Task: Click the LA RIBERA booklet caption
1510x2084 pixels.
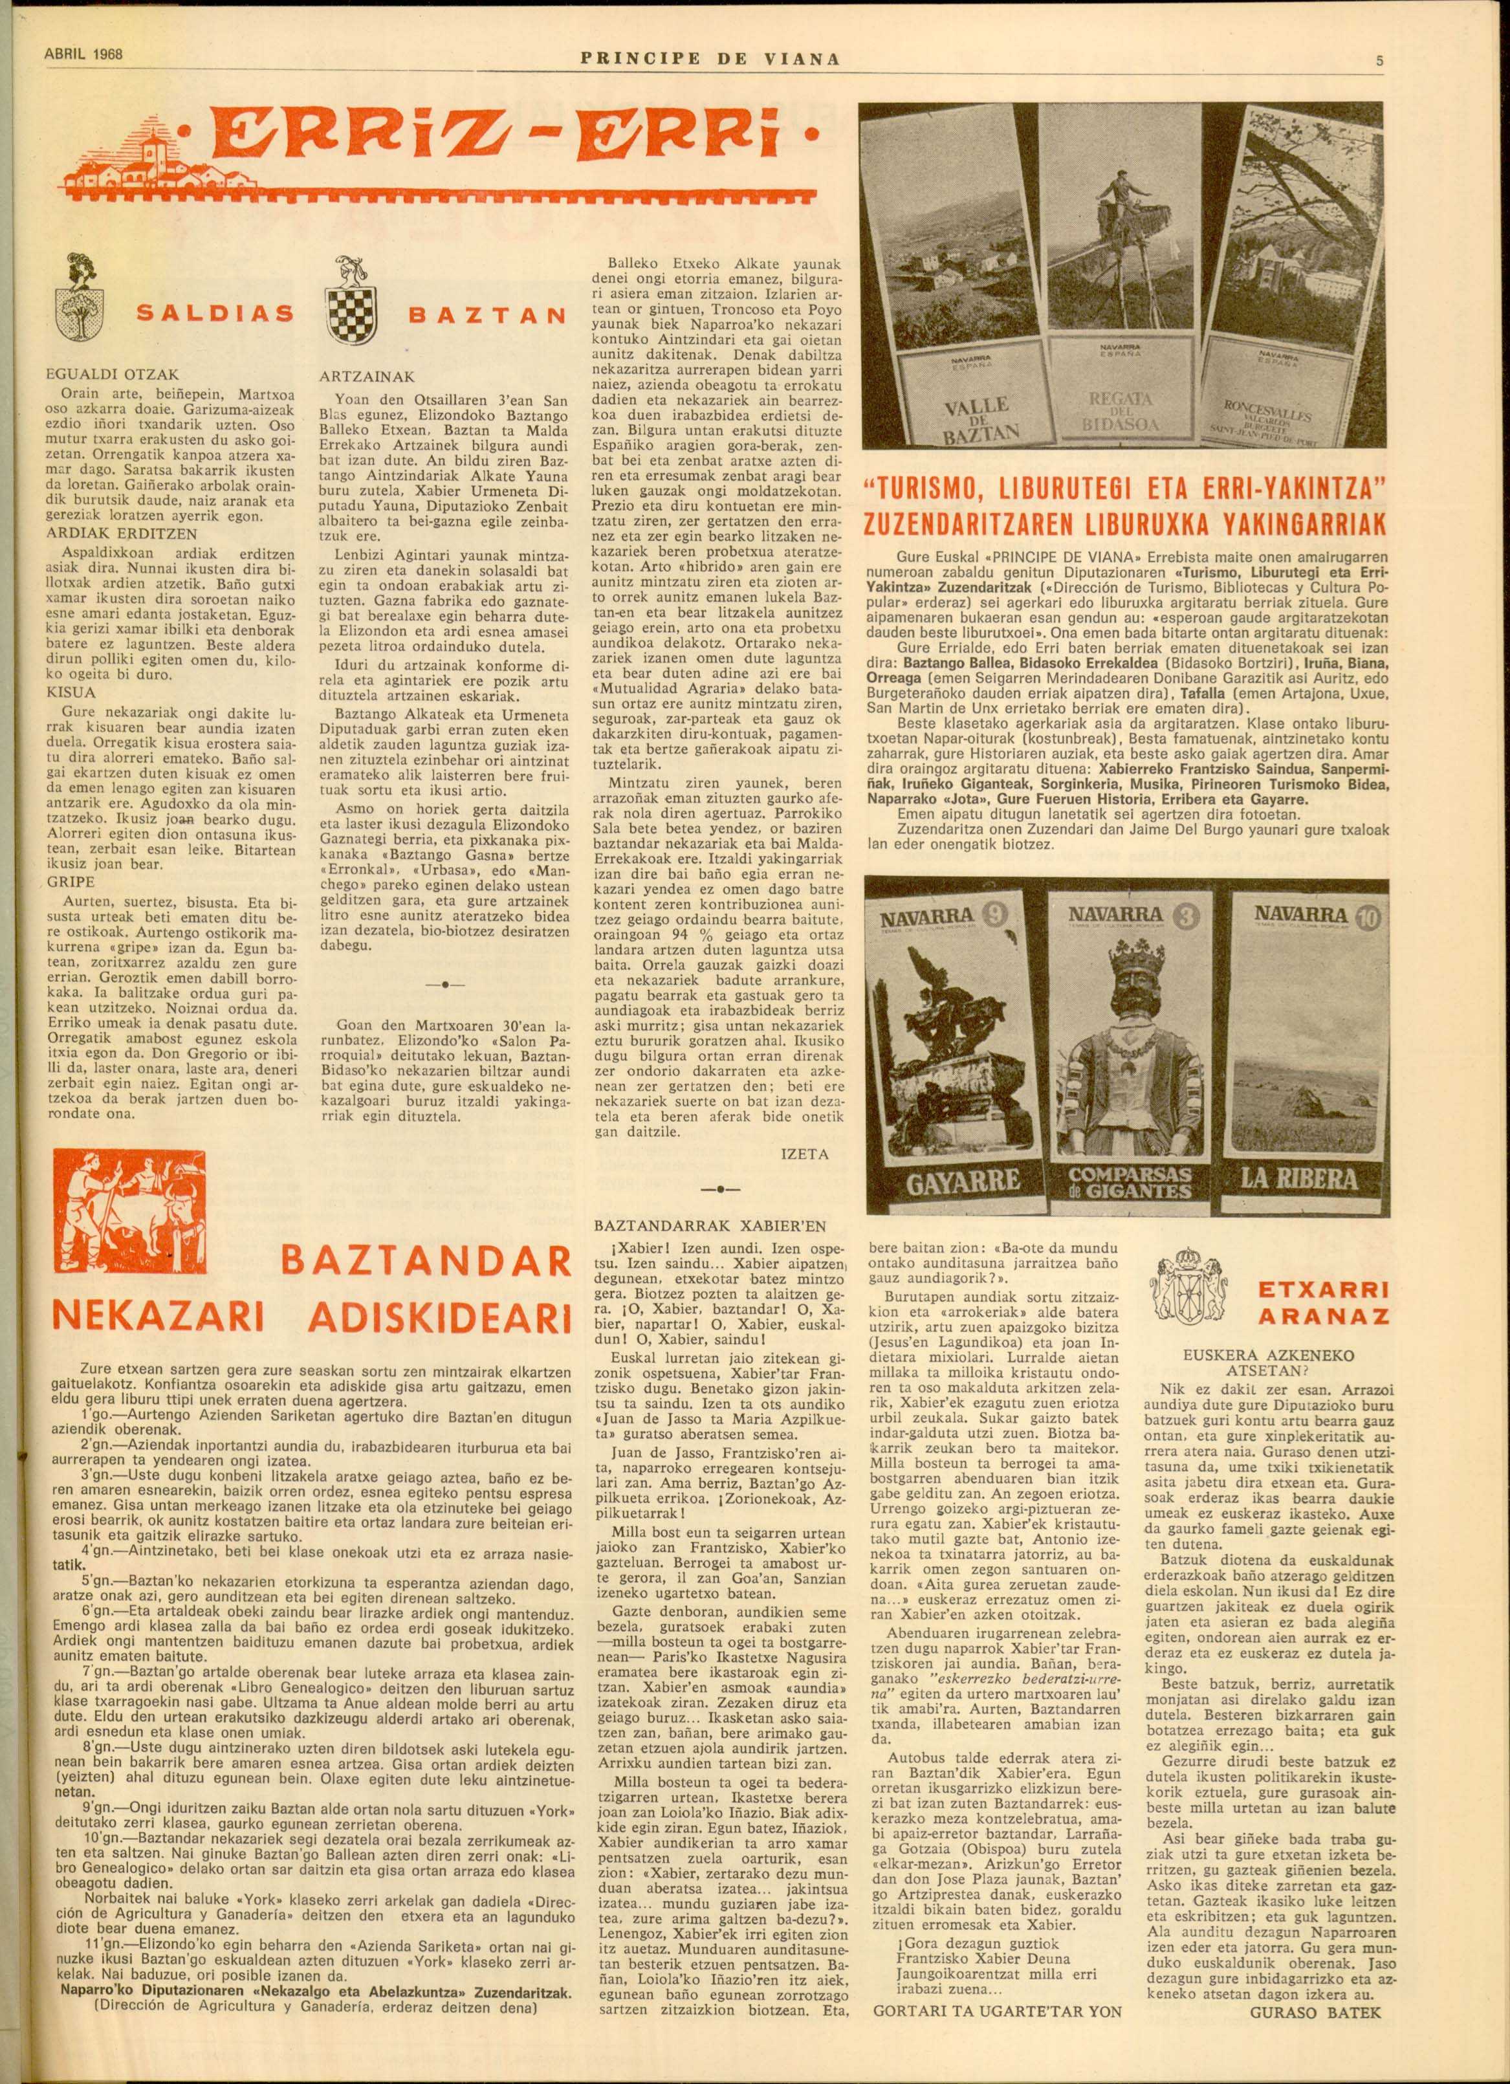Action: pyautogui.click(x=1298, y=1178)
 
